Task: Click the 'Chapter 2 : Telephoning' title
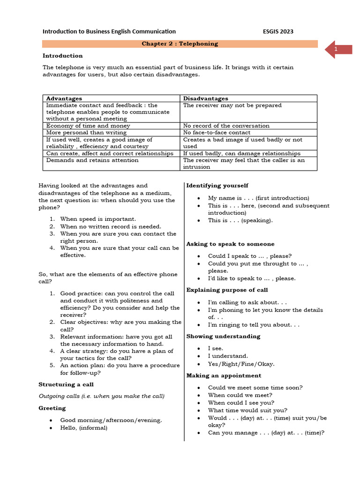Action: pyautogui.click(x=180, y=44)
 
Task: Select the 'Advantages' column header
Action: pyautogui.click(x=64, y=98)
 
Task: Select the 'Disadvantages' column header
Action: pyautogui.click(x=205, y=98)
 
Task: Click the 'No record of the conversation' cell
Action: pyautogui.click(x=226, y=126)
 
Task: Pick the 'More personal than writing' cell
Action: pyautogui.click(x=86, y=133)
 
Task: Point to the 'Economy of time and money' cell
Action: pyautogui.click(x=88, y=126)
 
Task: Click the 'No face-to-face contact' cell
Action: pyautogui.click(x=217, y=133)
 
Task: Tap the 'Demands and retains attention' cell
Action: pyautogui.click(x=92, y=160)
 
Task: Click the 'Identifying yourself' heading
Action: pyautogui.click(x=217, y=186)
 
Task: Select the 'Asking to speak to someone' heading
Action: pyautogui.click(x=230, y=244)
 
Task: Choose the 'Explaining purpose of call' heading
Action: pyautogui.click(x=227, y=290)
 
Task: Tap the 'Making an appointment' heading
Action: pyautogui.click(x=224, y=375)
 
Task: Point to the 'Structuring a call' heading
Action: pyautogui.click(x=66, y=384)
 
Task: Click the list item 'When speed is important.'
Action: pyautogui.click(x=98, y=219)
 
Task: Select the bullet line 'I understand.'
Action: pyautogui.click(x=228, y=356)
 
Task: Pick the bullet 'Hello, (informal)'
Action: pyautogui.click(x=83, y=427)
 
